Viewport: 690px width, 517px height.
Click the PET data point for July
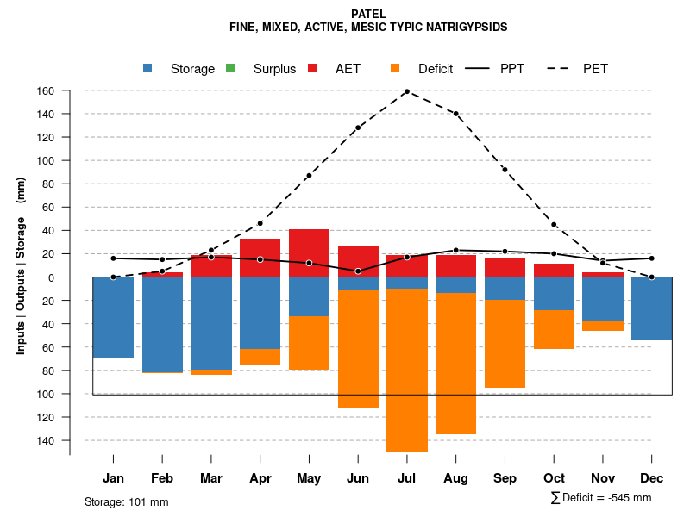click(406, 91)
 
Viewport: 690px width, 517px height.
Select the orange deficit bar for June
click(358, 349)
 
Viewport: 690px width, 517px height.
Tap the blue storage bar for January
click(113, 317)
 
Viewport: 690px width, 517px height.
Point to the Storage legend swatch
click(149, 69)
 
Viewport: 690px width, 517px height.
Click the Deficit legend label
click(436, 69)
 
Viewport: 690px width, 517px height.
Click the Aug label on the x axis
click(455, 478)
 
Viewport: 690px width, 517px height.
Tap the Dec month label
click(651, 478)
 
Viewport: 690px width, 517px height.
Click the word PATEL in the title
click(368, 14)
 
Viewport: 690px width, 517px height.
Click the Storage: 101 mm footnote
click(127, 501)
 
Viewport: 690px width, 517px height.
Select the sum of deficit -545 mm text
click(600, 498)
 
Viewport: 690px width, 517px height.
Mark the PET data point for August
click(455, 114)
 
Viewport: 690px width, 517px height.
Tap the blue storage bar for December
click(651, 308)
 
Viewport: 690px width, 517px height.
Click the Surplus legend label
click(274, 69)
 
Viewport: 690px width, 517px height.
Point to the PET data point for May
click(309, 176)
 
